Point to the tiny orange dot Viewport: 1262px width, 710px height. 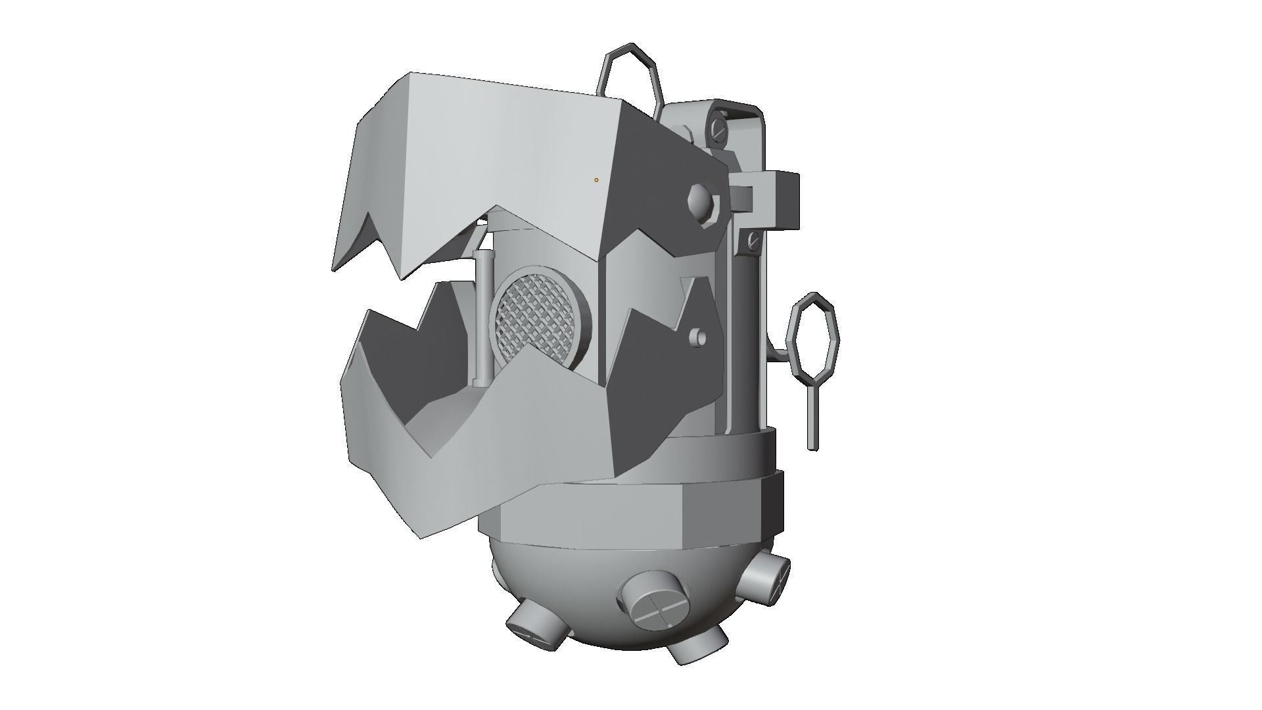pos(596,179)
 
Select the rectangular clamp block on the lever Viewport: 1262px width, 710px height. pos(776,193)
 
